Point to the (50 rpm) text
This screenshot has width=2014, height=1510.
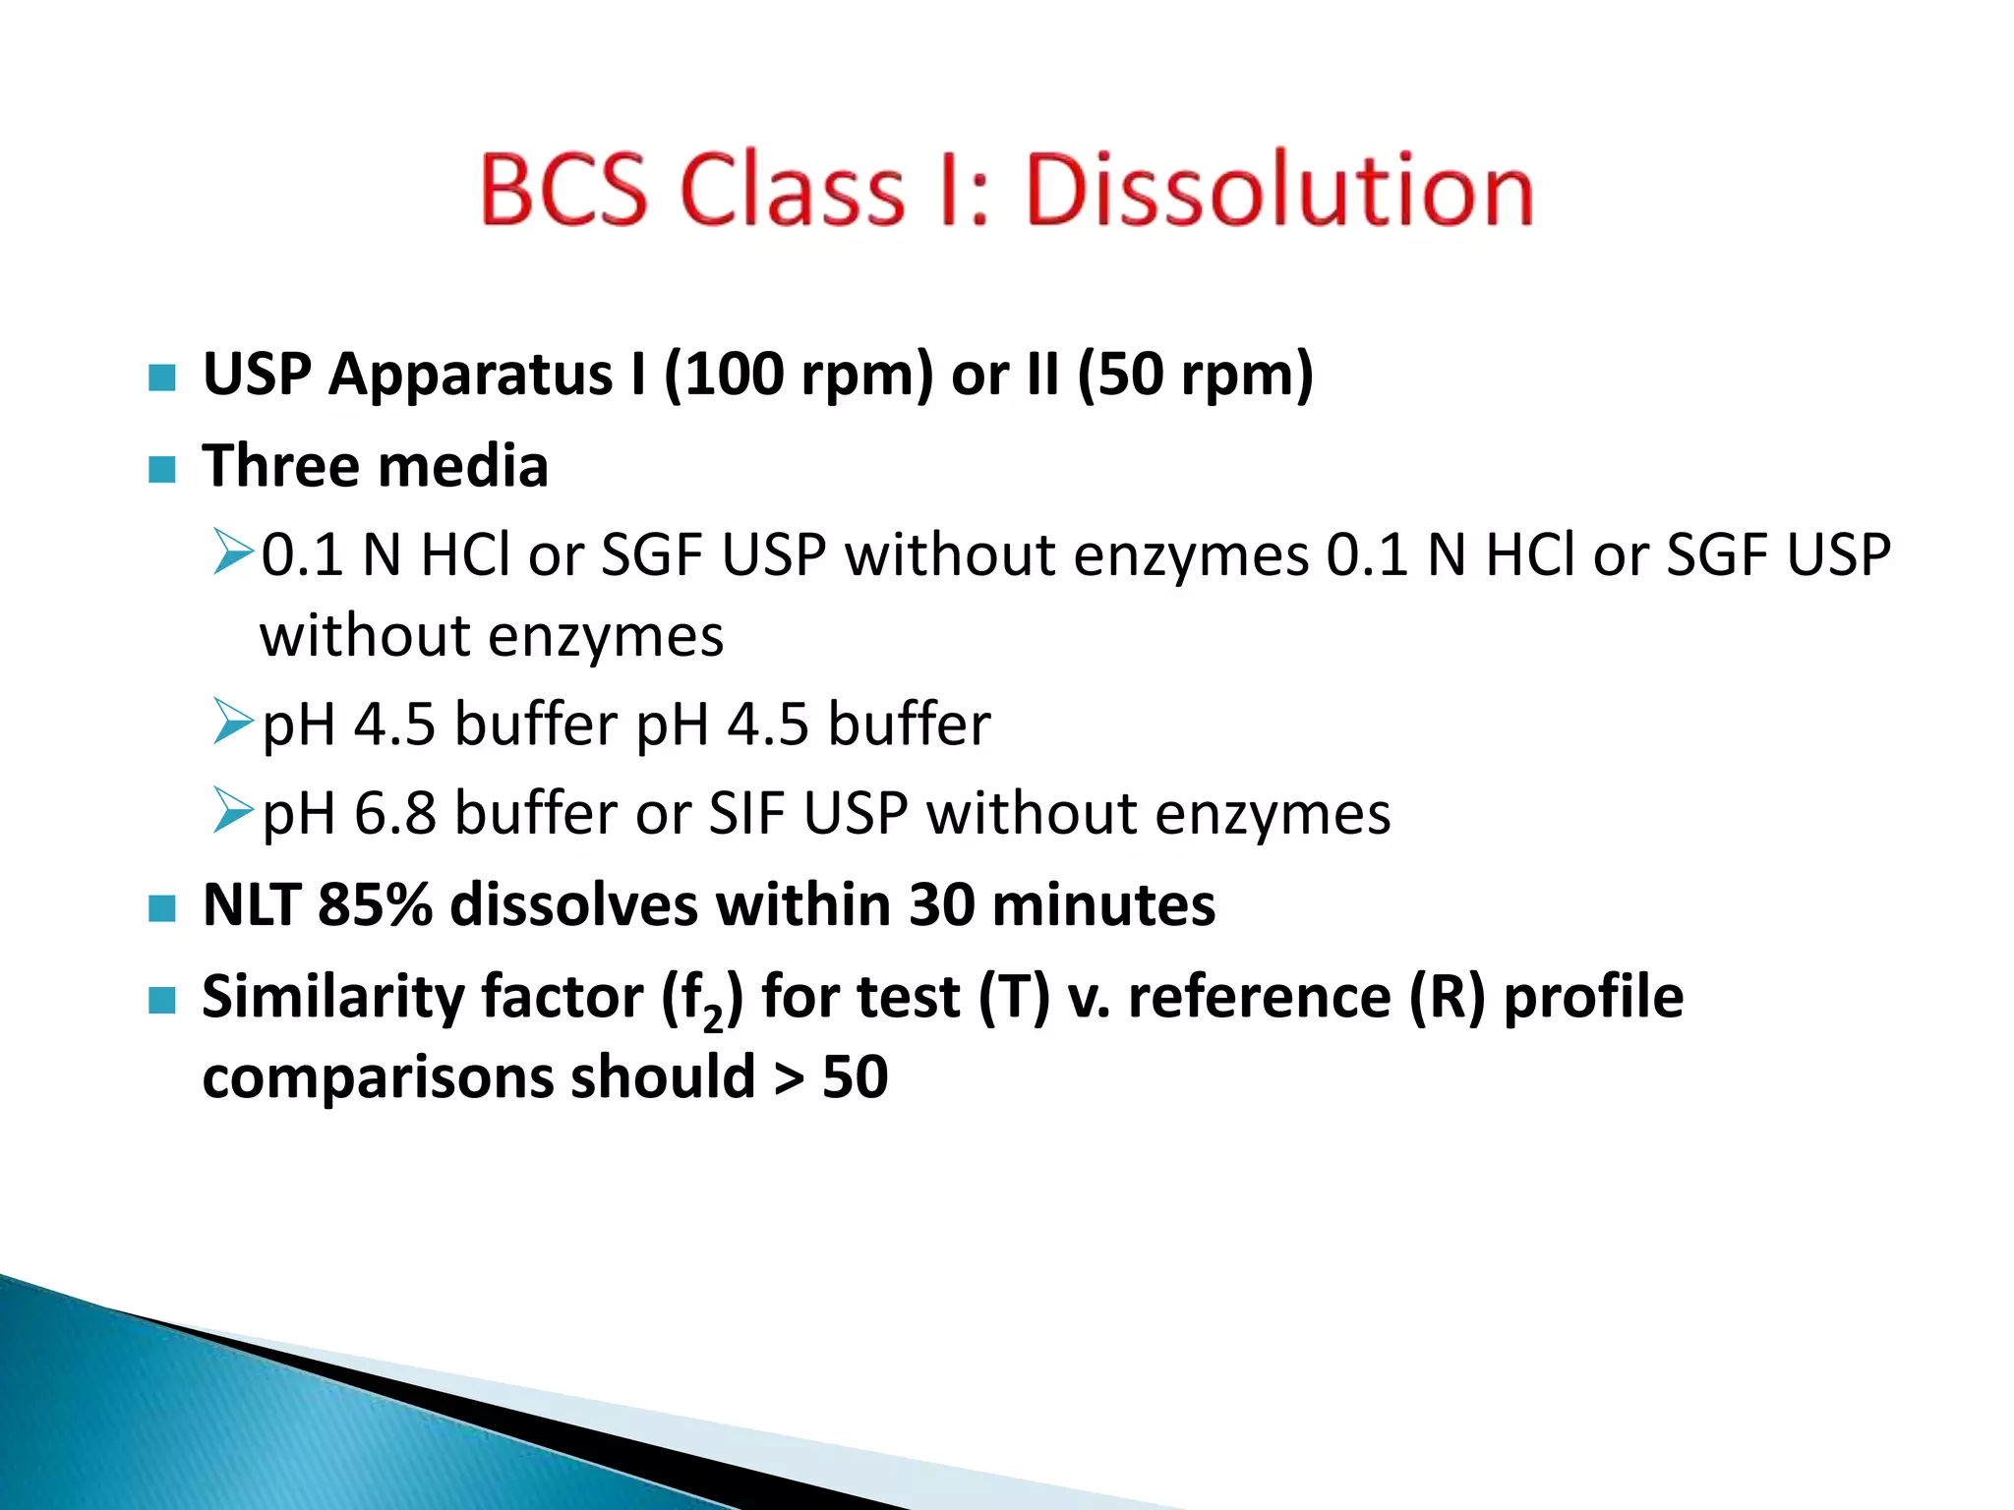pos(1195,376)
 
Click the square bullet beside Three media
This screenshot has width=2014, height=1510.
pos(161,468)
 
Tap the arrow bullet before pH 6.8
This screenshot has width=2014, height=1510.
pos(233,812)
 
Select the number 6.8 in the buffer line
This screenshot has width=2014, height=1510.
pos(394,814)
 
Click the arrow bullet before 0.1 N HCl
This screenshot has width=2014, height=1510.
pos(233,552)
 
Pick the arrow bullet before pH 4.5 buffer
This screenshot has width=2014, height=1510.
pos(233,723)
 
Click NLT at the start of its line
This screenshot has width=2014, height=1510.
pos(251,904)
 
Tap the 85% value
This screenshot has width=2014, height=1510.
pos(374,904)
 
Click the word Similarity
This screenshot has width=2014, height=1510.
pos(333,997)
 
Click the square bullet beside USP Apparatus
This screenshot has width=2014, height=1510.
pos(161,377)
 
